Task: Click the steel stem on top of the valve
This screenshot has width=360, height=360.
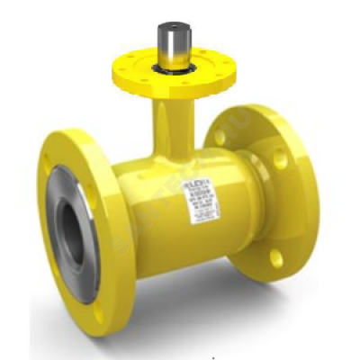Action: point(170,43)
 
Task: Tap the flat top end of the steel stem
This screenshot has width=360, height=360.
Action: point(170,24)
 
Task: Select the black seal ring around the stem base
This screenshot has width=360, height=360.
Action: point(170,67)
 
